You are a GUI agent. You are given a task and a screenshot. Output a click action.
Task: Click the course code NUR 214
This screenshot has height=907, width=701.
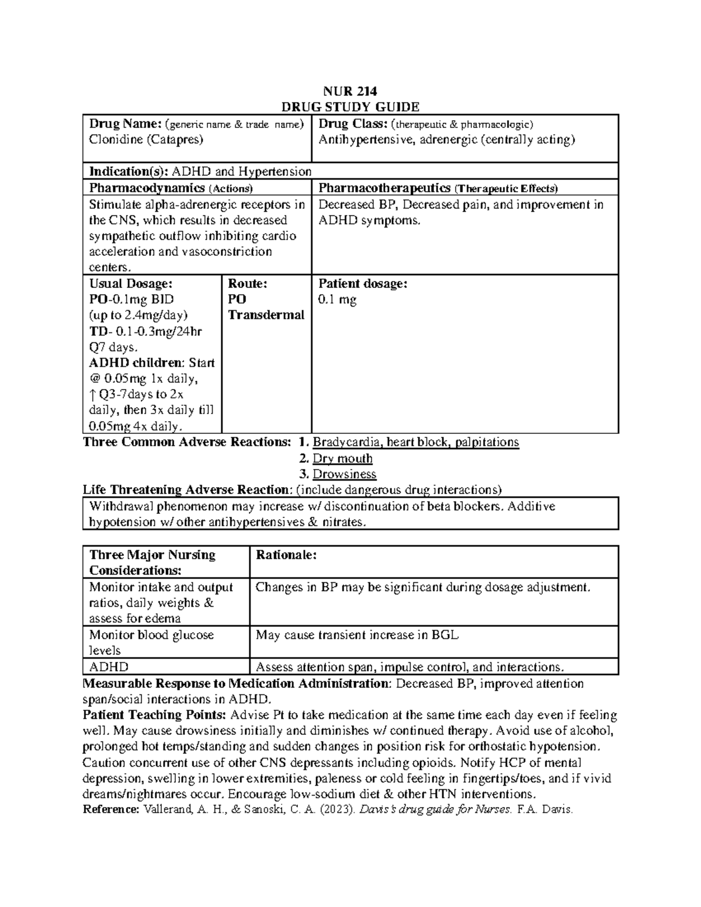click(350, 91)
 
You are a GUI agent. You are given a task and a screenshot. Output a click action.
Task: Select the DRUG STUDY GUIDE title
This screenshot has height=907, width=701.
click(350, 107)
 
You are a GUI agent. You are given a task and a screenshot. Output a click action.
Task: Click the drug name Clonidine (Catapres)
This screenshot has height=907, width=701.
click(146, 140)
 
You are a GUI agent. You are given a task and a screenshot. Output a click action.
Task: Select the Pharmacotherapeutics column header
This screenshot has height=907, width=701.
click(384, 188)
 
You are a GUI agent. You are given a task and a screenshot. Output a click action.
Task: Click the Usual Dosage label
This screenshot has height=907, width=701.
click(130, 284)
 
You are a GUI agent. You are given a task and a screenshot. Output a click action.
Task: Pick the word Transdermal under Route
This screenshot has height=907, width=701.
click(266, 315)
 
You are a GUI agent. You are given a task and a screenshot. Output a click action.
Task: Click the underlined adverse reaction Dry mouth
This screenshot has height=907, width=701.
click(342, 458)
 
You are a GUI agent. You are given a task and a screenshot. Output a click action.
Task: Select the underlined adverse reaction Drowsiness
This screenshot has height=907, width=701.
click(344, 474)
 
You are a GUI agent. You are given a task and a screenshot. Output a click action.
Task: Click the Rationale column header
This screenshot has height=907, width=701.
click(286, 555)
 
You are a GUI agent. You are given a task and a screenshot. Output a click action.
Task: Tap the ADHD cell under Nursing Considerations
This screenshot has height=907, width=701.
click(109, 667)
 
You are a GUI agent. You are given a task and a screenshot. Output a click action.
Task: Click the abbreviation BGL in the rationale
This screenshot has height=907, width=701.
click(445, 635)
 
